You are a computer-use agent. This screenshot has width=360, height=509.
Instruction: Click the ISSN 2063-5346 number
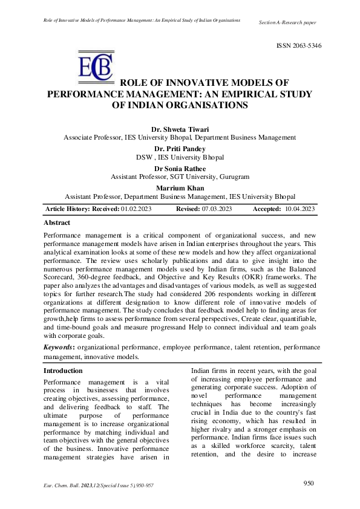pos(299,46)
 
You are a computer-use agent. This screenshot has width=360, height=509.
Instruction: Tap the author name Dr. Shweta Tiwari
pos(180,129)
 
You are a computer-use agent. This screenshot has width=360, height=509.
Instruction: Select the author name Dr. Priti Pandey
pos(180,148)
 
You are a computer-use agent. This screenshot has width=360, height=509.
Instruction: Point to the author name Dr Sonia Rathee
pos(180,168)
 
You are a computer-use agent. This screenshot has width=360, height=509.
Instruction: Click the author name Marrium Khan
pos(180,187)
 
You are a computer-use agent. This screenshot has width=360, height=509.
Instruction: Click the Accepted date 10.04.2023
pos(299,209)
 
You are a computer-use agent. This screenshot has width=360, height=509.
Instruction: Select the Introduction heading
pos(64,371)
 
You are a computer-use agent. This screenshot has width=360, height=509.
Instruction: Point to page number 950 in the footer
pos(309,484)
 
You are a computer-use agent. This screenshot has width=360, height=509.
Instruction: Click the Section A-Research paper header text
pos(287,22)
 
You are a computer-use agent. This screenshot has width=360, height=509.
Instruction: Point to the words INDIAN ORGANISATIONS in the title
pos(180,105)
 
